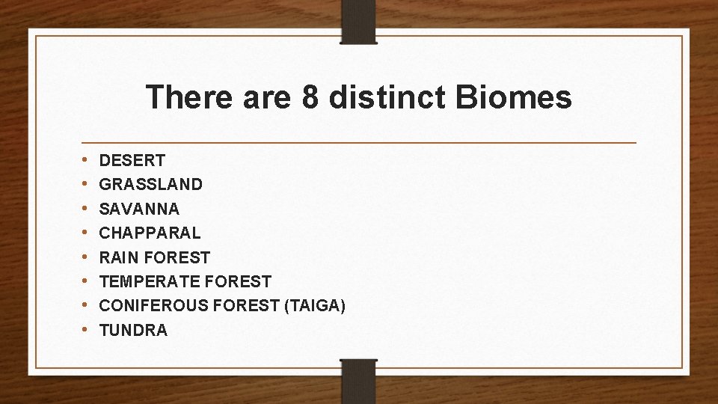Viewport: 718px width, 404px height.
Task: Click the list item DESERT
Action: click(x=132, y=160)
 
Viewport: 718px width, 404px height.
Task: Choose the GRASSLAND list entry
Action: click(x=150, y=184)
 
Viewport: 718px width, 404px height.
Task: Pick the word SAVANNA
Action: click(x=139, y=209)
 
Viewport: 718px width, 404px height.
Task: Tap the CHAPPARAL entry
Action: click(x=150, y=233)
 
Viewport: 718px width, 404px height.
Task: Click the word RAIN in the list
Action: click(x=118, y=257)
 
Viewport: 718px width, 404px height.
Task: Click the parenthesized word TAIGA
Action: click(x=314, y=306)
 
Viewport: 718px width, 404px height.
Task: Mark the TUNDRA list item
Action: click(x=133, y=330)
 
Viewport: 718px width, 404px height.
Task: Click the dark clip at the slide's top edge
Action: click(x=358, y=21)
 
